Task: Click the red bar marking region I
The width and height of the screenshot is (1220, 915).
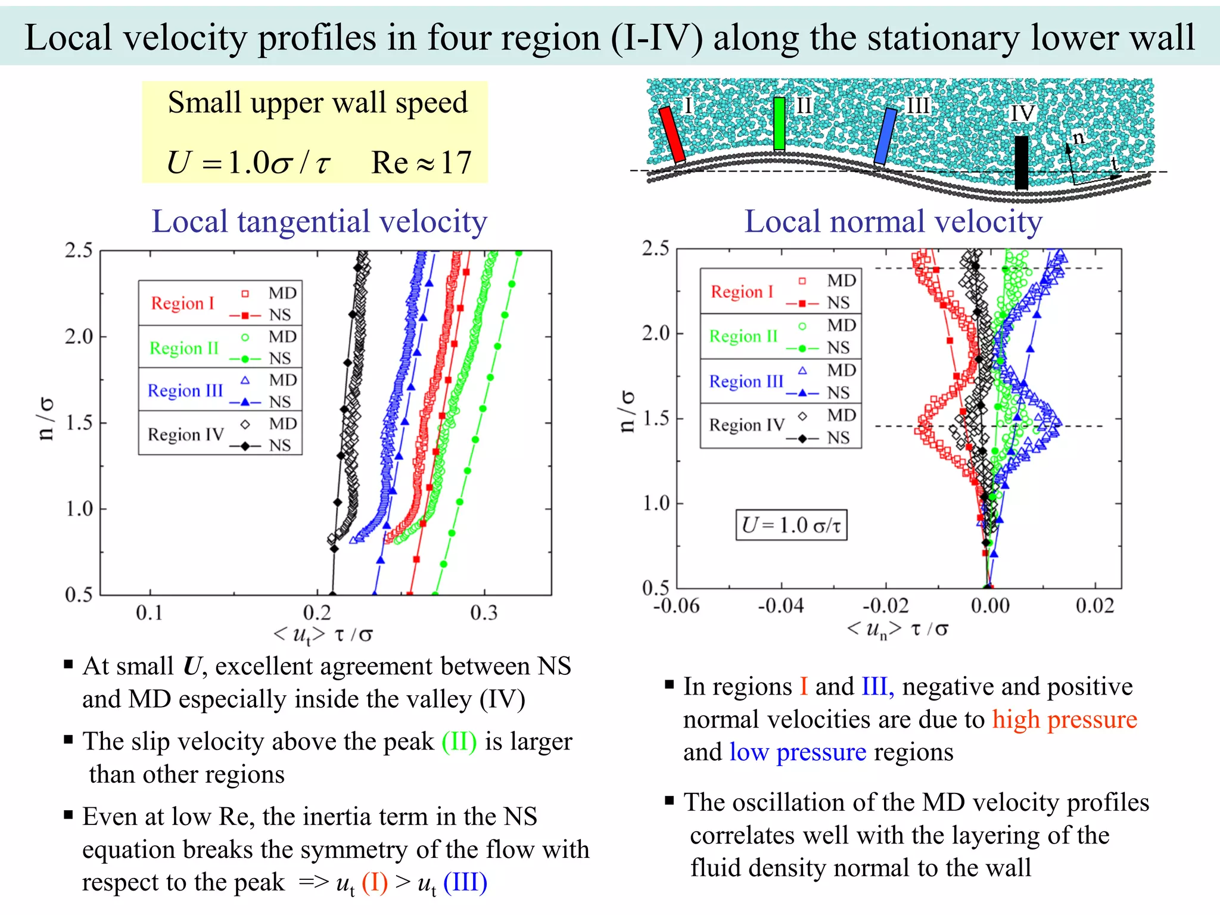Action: point(672,135)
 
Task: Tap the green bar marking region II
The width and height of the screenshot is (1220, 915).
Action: point(779,123)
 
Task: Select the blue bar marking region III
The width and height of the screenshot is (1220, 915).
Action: point(885,136)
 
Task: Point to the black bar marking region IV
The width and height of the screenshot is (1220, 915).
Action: point(1021,162)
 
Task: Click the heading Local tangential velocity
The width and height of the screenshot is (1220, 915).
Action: point(319,222)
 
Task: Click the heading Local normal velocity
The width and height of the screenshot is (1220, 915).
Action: point(893,222)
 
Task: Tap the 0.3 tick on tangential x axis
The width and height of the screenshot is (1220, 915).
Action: point(483,612)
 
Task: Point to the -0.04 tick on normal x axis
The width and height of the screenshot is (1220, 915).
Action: point(780,606)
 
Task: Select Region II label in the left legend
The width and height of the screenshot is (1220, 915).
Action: point(184,348)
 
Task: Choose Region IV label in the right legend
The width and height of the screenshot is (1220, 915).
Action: point(746,425)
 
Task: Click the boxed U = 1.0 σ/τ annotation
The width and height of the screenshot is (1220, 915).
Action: point(791,525)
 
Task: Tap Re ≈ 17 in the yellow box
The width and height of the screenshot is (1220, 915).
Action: point(421,162)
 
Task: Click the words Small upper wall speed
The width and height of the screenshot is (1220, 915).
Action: point(318,102)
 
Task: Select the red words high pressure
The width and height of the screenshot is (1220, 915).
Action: point(1064,720)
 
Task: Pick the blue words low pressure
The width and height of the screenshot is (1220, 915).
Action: point(798,752)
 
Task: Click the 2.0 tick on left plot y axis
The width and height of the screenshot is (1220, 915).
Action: point(79,337)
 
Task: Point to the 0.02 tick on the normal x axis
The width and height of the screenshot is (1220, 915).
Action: point(1094,606)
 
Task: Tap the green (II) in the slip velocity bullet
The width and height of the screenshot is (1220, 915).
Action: point(459,742)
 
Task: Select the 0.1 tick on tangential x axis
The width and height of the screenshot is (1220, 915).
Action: point(149,612)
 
